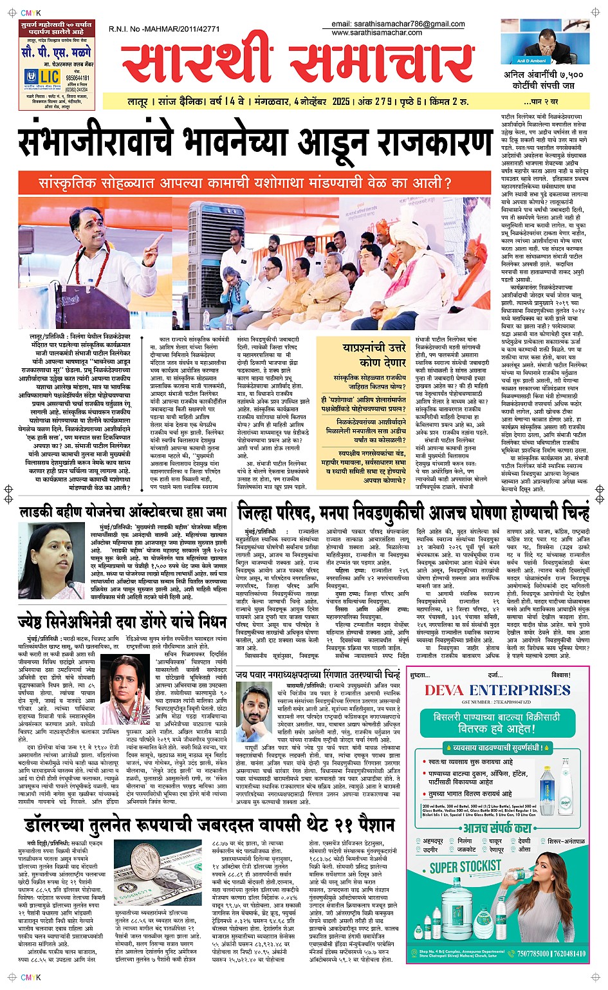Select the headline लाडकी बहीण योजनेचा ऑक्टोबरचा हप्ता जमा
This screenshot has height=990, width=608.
coord(123,512)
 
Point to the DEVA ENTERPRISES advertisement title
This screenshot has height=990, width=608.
coord(497,690)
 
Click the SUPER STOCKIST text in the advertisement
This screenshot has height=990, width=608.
coord(465,866)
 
